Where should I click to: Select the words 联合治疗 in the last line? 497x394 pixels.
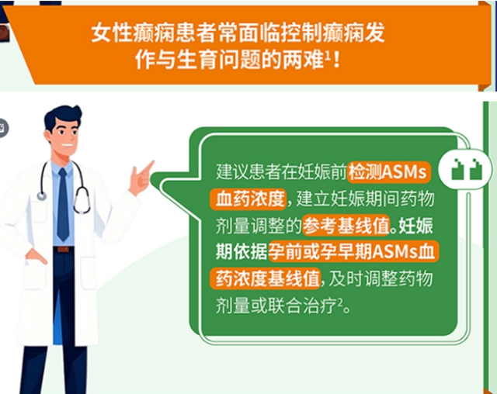pyautogui.click(x=311, y=303)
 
